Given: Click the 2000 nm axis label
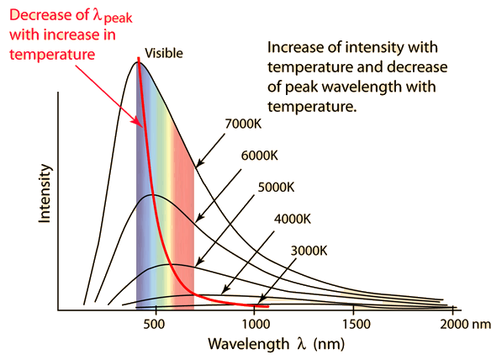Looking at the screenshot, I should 463,324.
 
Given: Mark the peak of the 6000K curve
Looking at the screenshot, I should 151,194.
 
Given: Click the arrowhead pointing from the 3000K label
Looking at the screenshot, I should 259,300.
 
